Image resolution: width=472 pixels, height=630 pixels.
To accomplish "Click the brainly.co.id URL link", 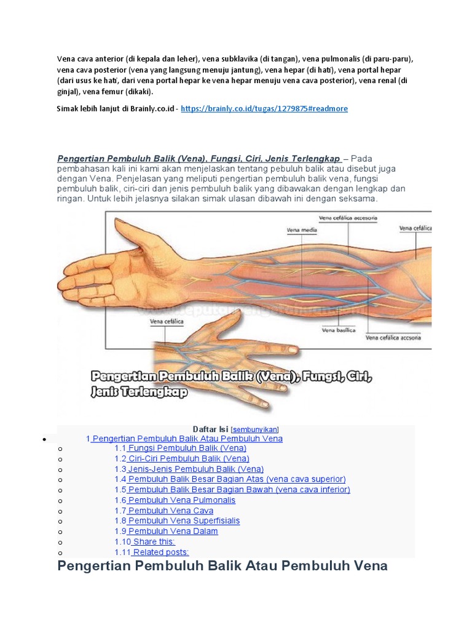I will pos(264,108).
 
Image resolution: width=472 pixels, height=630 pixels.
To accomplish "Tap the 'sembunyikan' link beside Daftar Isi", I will pos(255,429).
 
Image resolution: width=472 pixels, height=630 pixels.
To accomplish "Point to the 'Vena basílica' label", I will pos(339,330).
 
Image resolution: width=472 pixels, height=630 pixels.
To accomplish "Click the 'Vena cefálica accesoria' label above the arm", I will pos(348,218).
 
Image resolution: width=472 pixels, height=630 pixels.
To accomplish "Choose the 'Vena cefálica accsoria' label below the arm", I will pos(393,337).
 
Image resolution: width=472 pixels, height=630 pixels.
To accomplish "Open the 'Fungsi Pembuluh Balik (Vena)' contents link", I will pos(187,449).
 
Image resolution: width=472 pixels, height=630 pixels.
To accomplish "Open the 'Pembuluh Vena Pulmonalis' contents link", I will pos(181,500).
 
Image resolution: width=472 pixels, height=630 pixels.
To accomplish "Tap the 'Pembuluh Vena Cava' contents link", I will pos(170,511).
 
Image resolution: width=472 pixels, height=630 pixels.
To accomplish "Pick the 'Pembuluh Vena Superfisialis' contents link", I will pos(184,521).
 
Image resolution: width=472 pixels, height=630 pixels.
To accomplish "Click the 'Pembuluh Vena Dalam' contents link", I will pos(173,532).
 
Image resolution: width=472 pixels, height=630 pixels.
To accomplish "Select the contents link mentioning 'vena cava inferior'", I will pos(238,490).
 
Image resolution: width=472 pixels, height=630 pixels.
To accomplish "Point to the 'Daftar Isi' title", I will pos(210,429).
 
